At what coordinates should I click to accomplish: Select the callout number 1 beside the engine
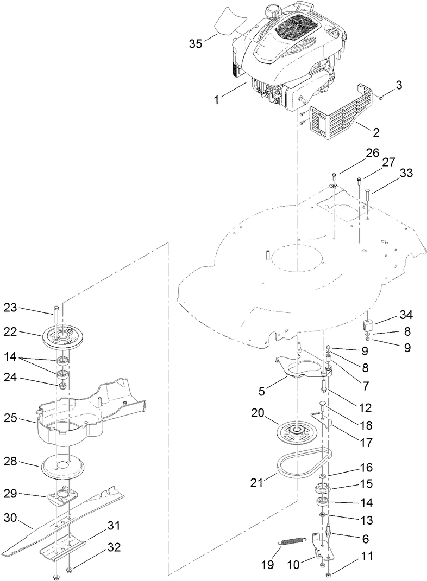pos(217,99)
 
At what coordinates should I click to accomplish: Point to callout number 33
pos(406,173)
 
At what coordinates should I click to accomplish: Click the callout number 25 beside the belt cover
pos(26,419)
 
